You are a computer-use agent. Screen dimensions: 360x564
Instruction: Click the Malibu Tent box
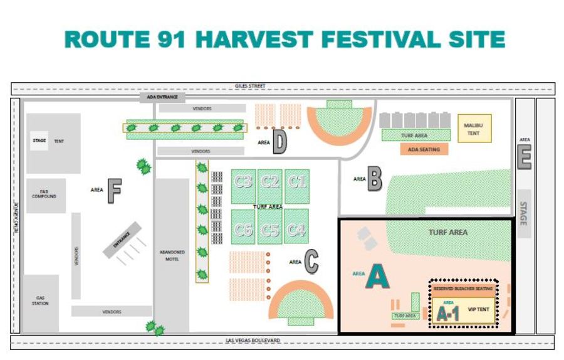(x=474, y=128)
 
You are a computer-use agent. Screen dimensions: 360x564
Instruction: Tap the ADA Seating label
(x=424, y=149)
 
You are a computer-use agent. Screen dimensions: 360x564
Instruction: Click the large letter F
(x=113, y=191)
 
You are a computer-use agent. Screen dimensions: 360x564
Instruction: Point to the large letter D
(x=279, y=143)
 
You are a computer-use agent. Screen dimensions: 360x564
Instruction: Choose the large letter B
(x=374, y=179)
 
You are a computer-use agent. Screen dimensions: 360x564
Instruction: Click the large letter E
(x=524, y=157)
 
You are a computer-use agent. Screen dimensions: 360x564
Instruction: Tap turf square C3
(x=243, y=183)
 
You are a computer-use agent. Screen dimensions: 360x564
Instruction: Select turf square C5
(x=270, y=231)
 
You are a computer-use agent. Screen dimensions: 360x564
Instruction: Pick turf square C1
(x=297, y=183)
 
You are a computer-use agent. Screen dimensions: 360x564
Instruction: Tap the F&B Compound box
(x=45, y=194)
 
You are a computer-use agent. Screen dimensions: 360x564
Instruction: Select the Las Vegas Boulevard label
(x=253, y=341)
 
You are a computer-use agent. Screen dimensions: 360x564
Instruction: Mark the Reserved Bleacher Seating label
(x=462, y=289)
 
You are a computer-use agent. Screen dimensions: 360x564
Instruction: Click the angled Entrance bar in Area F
(x=122, y=238)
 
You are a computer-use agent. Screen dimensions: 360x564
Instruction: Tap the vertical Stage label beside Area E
(x=523, y=214)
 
